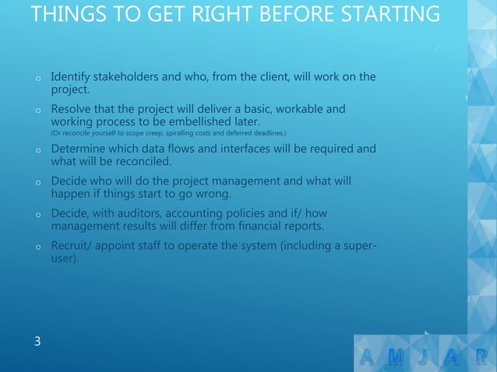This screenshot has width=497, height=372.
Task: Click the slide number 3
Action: (37, 341)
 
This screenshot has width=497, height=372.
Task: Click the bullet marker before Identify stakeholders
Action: (37, 79)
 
